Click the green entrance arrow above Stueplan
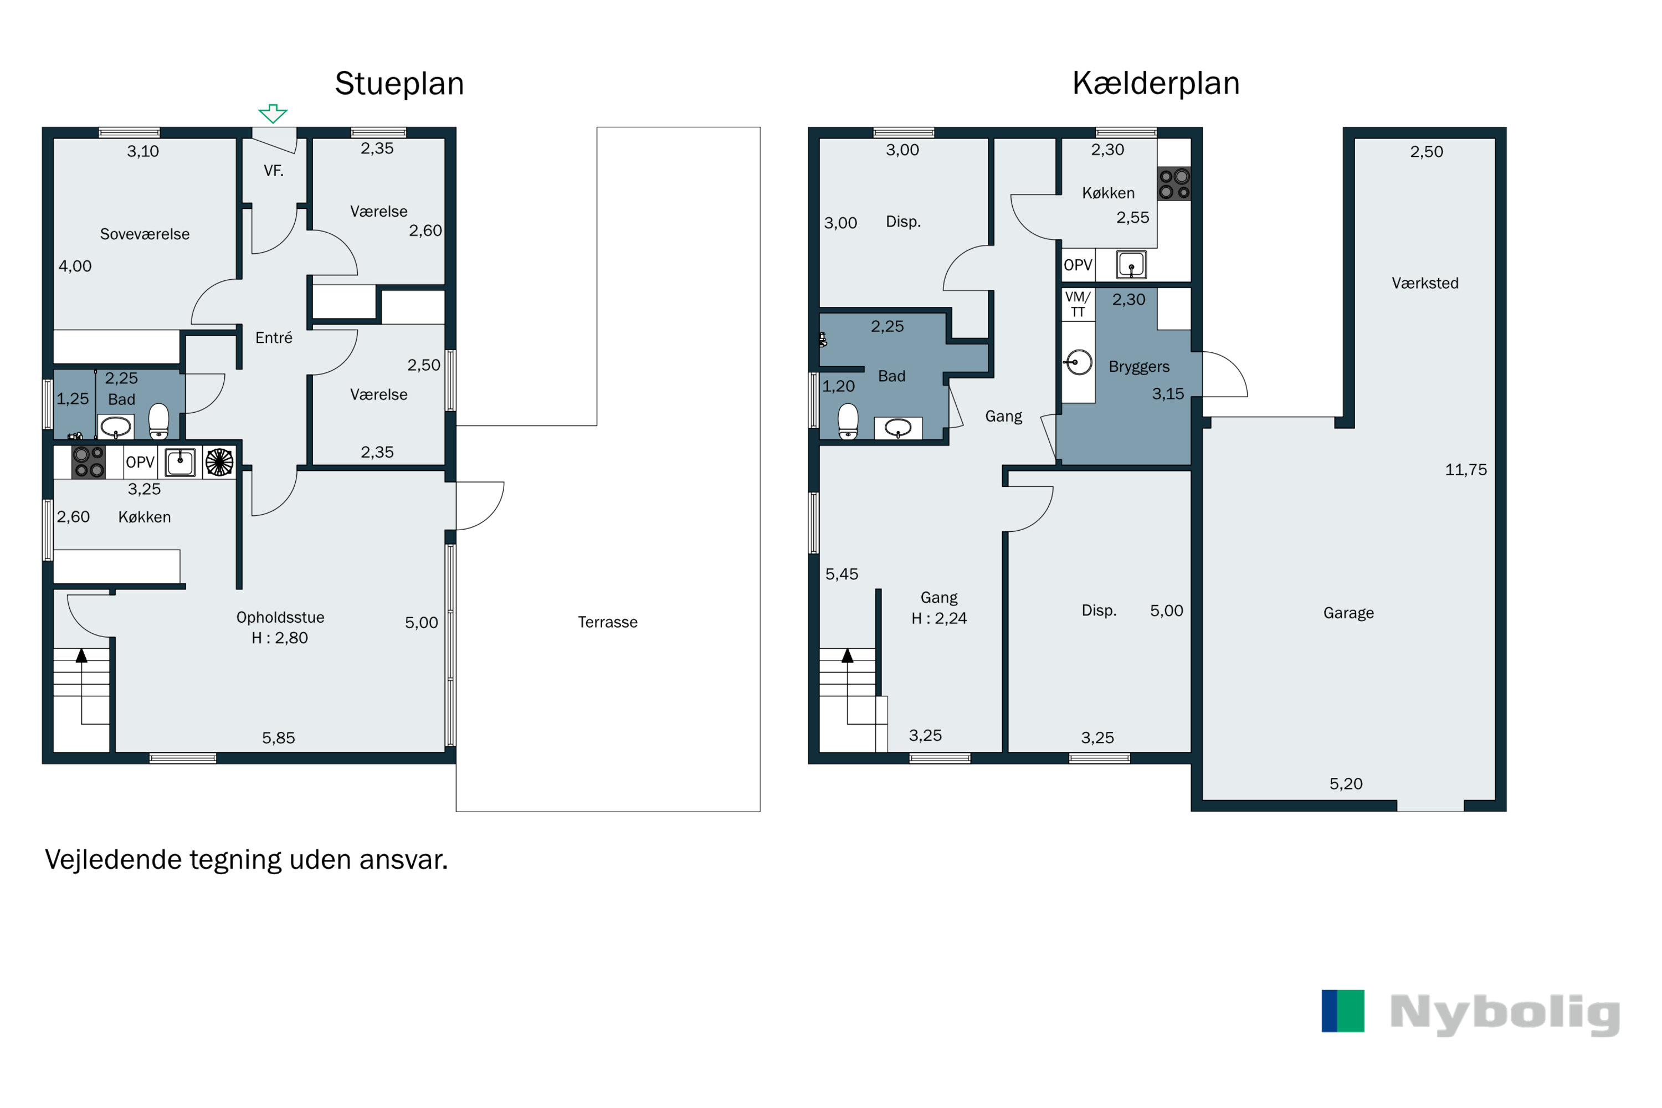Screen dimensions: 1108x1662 pyautogui.click(x=273, y=113)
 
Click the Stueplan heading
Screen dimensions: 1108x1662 pyautogui.click(x=399, y=84)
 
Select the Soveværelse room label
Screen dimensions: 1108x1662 pyautogui.click(x=145, y=234)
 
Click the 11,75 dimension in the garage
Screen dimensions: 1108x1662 pyautogui.click(x=1465, y=470)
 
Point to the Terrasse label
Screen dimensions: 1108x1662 pyautogui.click(x=608, y=622)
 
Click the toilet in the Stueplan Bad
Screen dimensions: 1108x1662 pyautogui.click(x=159, y=421)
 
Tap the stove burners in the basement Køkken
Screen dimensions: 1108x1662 pyautogui.click(x=1174, y=184)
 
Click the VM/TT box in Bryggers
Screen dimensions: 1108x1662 pyautogui.click(x=1078, y=304)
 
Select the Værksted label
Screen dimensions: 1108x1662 pyautogui.click(x=1424, y=283)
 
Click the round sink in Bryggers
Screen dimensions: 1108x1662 pyautogui.click(x=1078, y=362)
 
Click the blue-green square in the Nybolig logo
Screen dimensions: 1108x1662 pyautogui.click(x=1342, y=1010)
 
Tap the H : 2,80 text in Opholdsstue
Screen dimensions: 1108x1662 pyautogui.click(x=280, y=638)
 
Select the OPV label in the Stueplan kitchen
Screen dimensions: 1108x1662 pyautogui.click(x=140, y=462)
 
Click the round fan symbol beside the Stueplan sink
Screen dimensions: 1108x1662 pyautogui.click(x=219, y=462)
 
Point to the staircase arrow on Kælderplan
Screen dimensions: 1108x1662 pyautogui.click(x=847, y=656)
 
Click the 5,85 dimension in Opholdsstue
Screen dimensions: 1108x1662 pyautogui.click(x=279, y=738)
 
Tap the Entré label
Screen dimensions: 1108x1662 pyautogui.click(x=274, y=338)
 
